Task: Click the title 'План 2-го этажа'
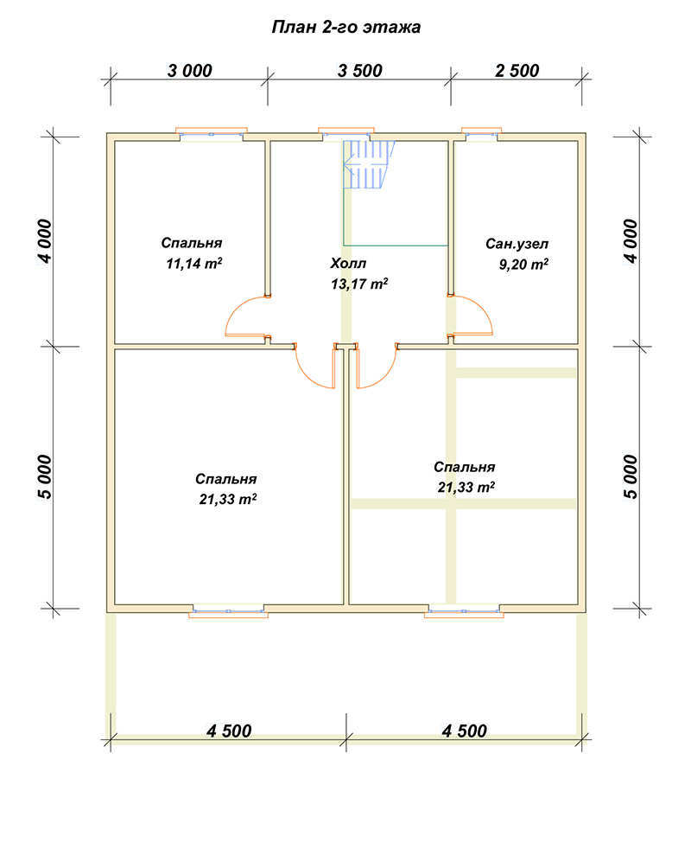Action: click(345, 27)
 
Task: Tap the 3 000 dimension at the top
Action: click(189, 70)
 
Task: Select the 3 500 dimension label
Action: click(360, 70)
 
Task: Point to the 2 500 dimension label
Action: click(517, 70)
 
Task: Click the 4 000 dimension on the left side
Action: click(46, 241)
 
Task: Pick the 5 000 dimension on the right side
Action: click(631, 476)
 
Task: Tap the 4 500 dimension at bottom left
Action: click(229, 731)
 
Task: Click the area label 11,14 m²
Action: click(194, 264)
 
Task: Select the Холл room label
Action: click(348, 264)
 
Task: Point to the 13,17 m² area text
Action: click(359, 284)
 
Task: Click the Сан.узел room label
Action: click(517, 244)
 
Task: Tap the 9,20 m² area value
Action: click(523, 265)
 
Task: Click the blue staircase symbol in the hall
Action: click(369, 164)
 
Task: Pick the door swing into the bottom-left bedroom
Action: click(307, 375)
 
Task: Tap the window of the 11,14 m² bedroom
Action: click(212, 133)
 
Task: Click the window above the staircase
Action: click(345, 132)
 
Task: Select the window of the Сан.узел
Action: click(481, 132)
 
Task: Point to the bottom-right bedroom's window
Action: click(463, 611)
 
